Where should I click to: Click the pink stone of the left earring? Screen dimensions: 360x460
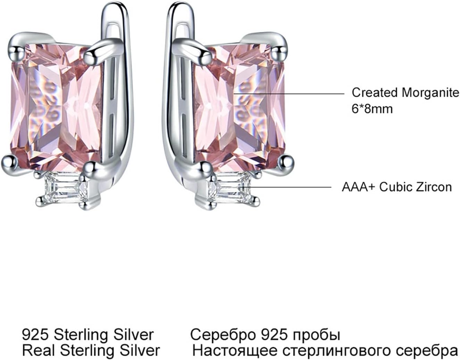pos(56,104)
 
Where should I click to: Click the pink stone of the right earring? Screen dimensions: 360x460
pos(240,104)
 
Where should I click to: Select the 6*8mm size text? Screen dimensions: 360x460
pos(372,109)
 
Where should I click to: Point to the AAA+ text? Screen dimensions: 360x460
pos(358,187)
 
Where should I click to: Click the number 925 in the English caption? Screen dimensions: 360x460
pos(34,335)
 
